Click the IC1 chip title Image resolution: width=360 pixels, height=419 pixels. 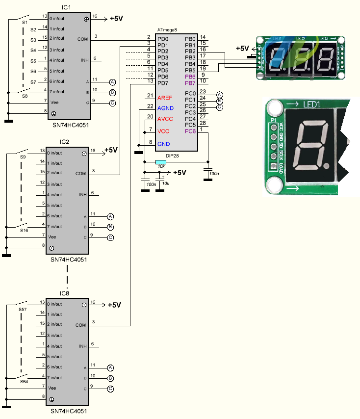click(x=66, y=8)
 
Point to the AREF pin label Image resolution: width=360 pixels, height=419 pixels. click(x=165, y=98)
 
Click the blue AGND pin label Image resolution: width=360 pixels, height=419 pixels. click(x=165, y=107)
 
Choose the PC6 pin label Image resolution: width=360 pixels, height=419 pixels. click(x=190, y=131)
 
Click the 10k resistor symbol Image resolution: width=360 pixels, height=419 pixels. click(x=160, y=162)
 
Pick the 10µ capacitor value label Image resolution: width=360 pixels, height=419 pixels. click(x=165, y=183)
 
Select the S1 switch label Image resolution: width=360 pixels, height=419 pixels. click(x=25, y=23)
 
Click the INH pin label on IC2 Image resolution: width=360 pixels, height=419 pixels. click(x=83, y=194)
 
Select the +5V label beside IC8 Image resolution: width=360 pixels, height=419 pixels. click(x=114, y=305)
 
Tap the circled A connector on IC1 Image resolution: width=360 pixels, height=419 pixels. click(x=112, y=81)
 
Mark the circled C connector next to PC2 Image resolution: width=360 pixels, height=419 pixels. click(x=219, y=106)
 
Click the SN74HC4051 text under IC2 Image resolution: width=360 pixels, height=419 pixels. click(x=68, y=260)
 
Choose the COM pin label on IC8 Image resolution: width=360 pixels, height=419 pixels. click(x=80, y=325)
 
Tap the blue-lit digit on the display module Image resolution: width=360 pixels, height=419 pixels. click(x=277, y=59)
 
